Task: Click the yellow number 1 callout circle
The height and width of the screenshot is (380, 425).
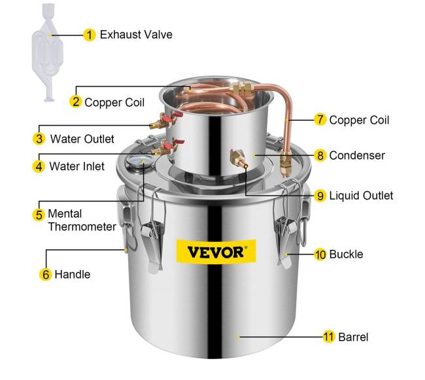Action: (90, 34)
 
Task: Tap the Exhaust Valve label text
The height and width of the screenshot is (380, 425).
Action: (136, 34)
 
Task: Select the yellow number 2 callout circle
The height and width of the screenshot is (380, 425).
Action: (76, 101)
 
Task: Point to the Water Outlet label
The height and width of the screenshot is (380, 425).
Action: (82, 139)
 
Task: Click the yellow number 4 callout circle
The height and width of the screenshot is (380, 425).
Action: (39, 166)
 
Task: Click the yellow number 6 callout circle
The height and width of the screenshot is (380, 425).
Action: (46, 275)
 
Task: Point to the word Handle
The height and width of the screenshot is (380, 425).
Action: (73, 275)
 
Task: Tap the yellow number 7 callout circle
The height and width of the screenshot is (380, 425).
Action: (320, 119)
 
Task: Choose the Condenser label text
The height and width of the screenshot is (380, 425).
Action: (357, 156)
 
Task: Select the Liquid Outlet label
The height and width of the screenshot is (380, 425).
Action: (362, 195)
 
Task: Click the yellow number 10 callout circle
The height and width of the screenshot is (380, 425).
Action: (320, 254)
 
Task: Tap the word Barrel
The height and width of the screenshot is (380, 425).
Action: (354, 337)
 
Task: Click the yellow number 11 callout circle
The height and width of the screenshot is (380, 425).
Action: (329, 337)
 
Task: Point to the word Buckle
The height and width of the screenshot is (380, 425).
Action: (347, 254)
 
